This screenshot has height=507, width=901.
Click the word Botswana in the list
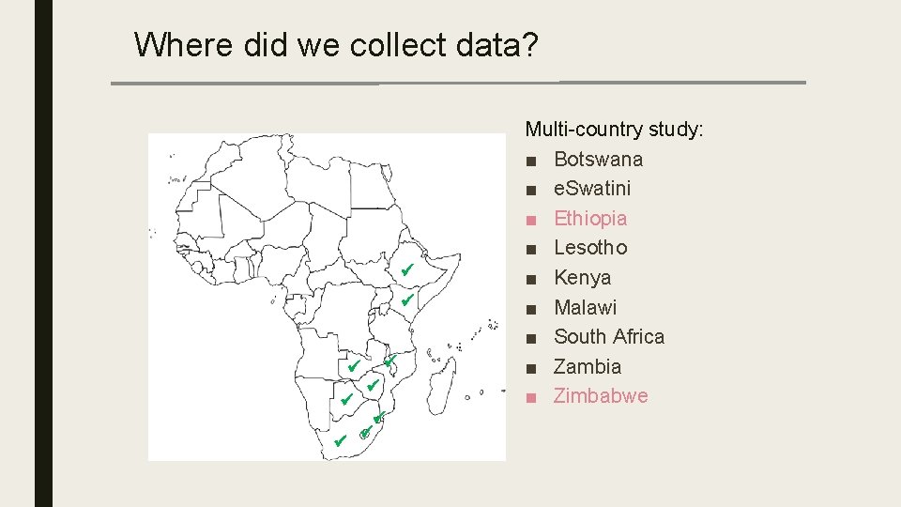[598, 159]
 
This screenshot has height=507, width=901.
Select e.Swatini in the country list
[592, 189]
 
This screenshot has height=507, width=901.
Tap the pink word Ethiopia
[590, 219]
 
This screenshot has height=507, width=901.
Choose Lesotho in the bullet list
[590, 248]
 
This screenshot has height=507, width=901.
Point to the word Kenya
[582, 278]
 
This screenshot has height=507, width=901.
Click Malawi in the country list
[586, 308]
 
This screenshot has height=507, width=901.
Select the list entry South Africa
[609, 337]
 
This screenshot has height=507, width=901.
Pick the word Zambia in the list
[588, 367]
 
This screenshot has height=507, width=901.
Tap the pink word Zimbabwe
[601, 396]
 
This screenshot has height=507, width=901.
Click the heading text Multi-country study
[614, 129]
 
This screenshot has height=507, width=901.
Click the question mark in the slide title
[530, 44]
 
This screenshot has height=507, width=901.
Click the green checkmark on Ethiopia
[406, 270]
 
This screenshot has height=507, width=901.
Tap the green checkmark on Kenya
[406, 300]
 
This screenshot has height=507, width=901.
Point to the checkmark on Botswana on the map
[345, 400]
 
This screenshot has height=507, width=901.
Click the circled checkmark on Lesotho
[364, 433]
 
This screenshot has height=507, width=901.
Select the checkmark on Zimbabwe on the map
[372, 385]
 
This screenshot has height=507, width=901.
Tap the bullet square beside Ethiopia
[531, 219]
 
